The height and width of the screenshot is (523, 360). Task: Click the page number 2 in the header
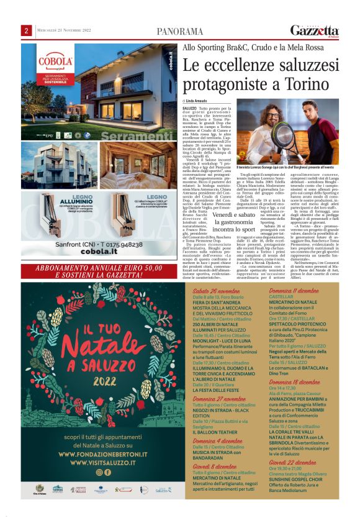[27, 30]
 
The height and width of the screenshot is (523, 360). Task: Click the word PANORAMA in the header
[179, 31]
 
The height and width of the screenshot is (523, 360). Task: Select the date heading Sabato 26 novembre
[215, 291]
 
